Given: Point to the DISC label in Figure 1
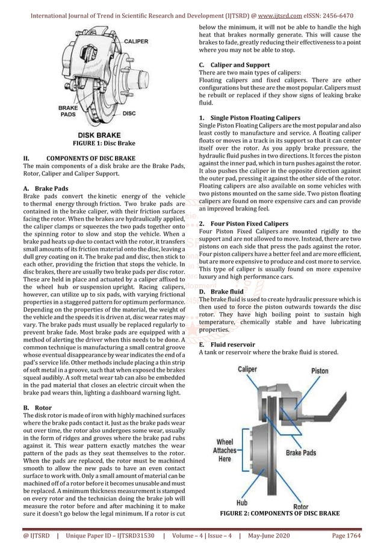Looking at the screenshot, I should [x=129, y=112].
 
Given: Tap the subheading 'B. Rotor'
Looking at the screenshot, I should [x=36, y=408].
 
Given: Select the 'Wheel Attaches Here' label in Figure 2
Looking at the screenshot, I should [x=225, y=450].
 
